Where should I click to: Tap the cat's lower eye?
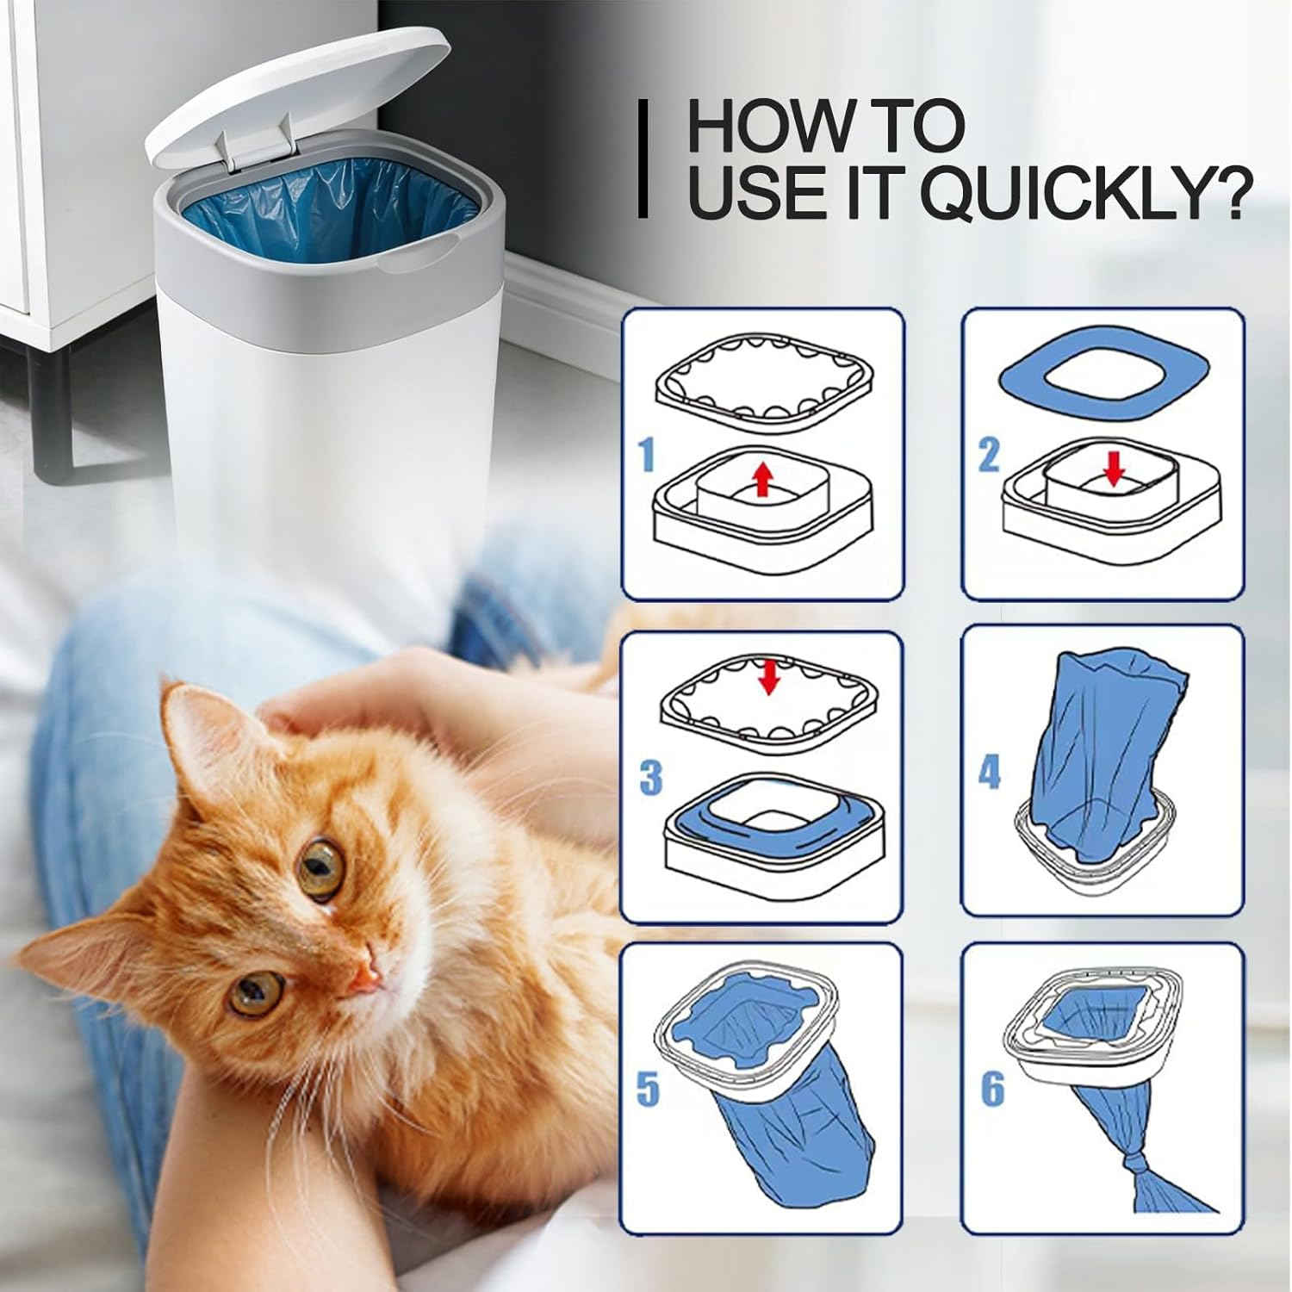254,992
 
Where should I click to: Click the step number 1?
646,455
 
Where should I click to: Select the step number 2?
988,455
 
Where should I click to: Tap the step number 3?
650,777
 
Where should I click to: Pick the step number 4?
989,771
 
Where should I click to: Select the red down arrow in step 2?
1115,469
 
